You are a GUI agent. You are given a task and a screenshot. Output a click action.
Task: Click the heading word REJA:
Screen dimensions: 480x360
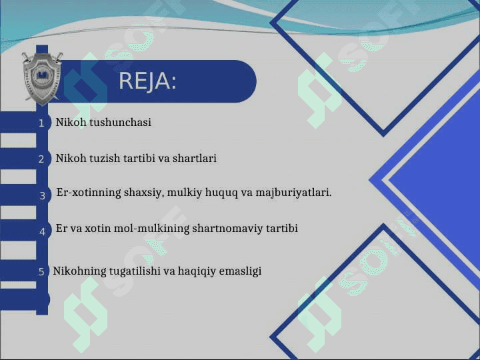click(x=147, y=81)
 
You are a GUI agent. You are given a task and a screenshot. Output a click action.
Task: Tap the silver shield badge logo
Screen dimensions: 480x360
click(x=42, y=79)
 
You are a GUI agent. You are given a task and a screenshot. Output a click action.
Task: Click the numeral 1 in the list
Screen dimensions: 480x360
click(x=41, y=123)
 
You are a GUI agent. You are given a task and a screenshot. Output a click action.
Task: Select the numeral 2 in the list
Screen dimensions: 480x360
click(x=41, y=159)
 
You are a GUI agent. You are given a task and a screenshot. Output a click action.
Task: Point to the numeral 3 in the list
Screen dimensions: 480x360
click(x=43, y=195)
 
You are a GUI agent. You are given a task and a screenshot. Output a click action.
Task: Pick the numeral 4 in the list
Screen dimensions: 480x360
click(x=43, y=232)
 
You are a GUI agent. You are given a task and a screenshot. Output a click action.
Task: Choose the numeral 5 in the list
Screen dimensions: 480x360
click(x=41, y=271)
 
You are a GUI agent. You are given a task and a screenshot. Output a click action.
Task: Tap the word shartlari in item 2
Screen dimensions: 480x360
click(x=195, y=158)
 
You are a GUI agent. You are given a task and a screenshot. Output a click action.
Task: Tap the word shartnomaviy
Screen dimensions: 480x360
click(x=228, y=229)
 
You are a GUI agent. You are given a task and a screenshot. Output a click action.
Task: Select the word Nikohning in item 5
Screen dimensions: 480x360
click(x=79, y=271)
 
